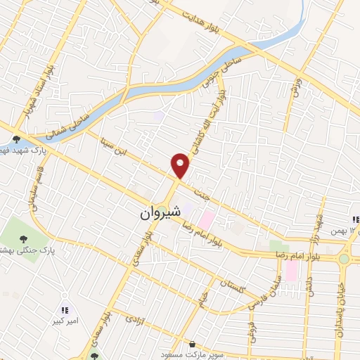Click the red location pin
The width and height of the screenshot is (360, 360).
181,167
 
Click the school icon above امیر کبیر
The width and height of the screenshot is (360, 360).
65,309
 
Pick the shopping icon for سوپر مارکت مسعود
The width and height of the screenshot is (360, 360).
192,345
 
